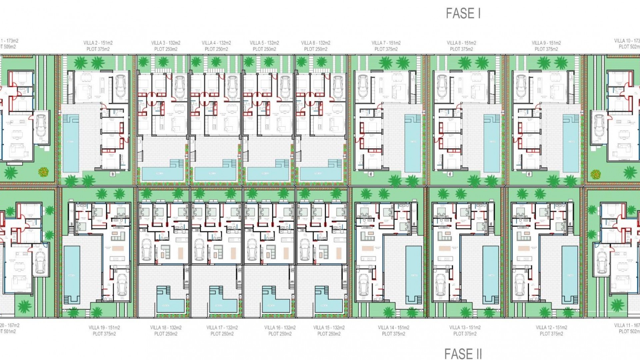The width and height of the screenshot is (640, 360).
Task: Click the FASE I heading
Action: pyautogui.click(x=463, y=13)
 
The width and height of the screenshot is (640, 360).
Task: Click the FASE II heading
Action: pyautogui.click(x=463, y=353)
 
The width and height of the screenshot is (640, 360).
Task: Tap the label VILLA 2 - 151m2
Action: pyautogui.click(x=98, y=43)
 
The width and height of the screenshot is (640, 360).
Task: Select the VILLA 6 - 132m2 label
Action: pyautogui.click(x=315, y=43)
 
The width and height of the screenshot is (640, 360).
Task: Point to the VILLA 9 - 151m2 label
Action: pyautogui.click(x=546, y=43)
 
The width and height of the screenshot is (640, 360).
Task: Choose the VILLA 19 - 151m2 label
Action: pyautogui.click(x=104, y=328)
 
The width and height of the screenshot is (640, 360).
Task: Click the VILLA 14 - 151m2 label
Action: pyautogui.click(x=393, y=328)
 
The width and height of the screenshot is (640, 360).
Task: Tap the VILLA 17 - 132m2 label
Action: pyautogui.click(x=222, y=328)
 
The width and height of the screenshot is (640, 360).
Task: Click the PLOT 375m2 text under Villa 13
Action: pyautogui.click(x=465, y=334)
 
